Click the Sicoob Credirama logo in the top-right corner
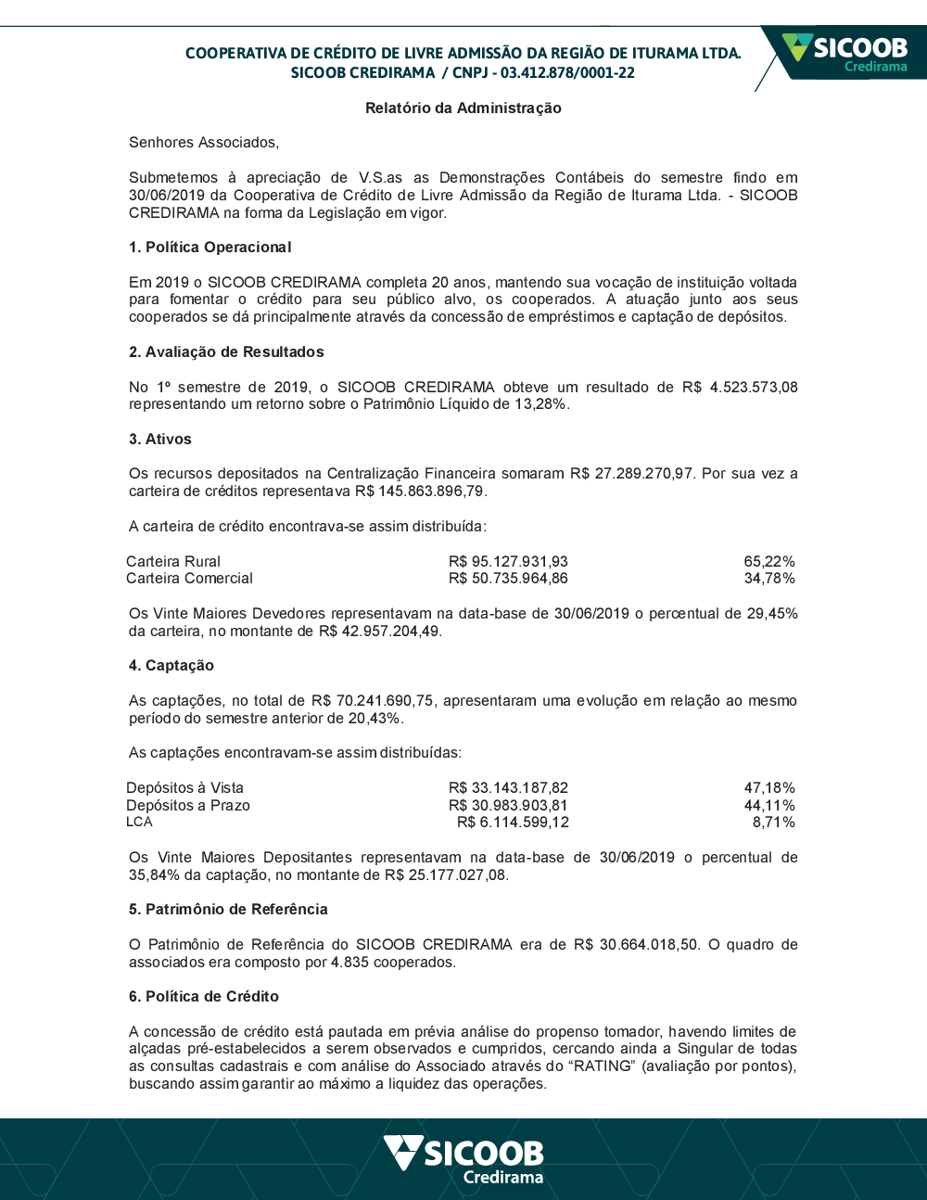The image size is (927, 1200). coord(844,53)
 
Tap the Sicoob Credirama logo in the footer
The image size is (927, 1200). coord(463,1159)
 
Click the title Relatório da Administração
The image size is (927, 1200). coord(463,108)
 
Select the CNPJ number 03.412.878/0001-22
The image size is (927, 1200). coord(567,73)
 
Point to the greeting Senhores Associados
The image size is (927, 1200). coord(204,143)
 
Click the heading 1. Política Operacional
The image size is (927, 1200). coord(210,248)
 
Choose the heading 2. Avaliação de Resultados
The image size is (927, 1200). coord(226,352)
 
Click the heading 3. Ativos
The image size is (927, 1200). coord(160,440)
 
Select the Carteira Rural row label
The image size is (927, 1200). coord(173,561)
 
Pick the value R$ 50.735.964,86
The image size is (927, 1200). coord(508,579)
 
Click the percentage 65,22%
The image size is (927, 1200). coord(769,561)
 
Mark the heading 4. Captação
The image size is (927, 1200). coord(171,666)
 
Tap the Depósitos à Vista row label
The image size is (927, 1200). coord(184,788)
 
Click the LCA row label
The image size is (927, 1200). coord(139,823)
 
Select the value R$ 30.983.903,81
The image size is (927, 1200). coord(508,806)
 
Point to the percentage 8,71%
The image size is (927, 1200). coord(773,823)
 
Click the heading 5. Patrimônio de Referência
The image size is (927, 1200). coord(228,910)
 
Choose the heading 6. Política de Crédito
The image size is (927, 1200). coord(204,997)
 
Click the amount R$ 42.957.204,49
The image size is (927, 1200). coord(379,632)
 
